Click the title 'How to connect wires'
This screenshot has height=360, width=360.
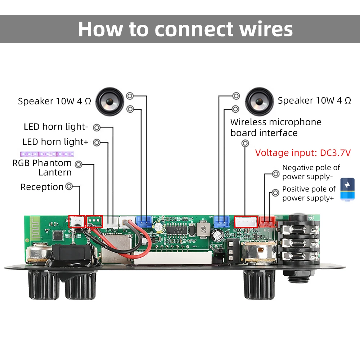[185, 29]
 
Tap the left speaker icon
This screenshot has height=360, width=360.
[109, 102]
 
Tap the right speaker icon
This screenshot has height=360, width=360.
[259, 102]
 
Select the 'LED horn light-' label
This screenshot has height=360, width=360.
[56, 127]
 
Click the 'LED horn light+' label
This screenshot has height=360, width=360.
[55, 142]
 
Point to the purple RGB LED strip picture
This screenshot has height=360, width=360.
[47, 154]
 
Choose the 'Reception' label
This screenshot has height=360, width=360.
[42, 187]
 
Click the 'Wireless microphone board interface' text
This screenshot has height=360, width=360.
[276, 127]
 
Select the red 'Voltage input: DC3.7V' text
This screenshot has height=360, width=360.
[303, 153]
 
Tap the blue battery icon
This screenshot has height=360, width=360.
[347, 189]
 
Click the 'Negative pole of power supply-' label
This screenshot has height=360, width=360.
[311, 172]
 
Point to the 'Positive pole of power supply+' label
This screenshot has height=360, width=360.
[309, 194]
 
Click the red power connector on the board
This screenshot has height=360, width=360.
[267, 221]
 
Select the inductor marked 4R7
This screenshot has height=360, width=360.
[203, 229]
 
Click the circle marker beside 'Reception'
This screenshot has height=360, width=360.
[69, 186]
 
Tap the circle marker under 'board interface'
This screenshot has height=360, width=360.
[245, 144]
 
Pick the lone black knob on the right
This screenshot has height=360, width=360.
[259, 284]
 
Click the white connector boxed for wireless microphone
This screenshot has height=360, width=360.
[246, 222]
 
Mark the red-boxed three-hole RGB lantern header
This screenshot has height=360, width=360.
[94, 221]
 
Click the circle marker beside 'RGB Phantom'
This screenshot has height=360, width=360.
[78, 165]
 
